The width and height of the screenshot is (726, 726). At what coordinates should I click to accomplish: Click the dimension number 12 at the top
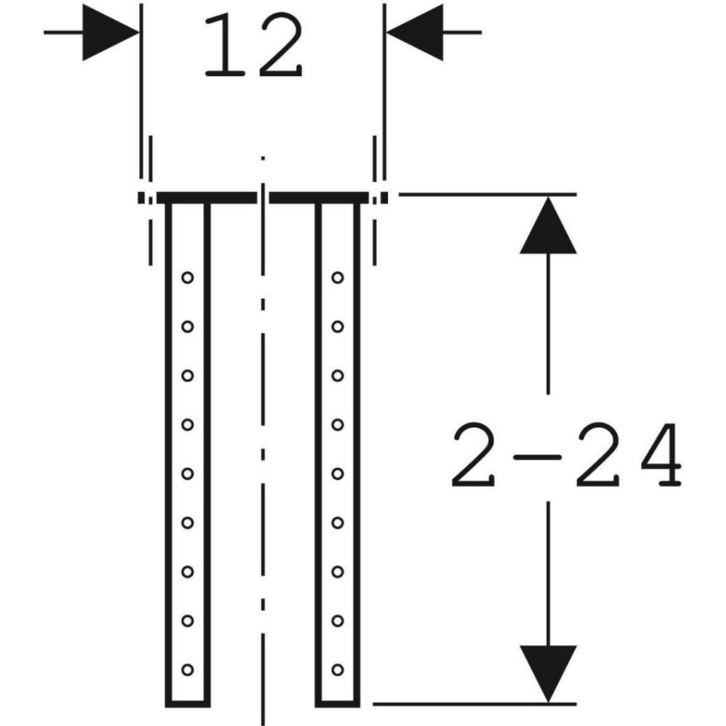coord(253,45)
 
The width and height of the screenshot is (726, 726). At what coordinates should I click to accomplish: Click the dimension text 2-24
coord(566,454)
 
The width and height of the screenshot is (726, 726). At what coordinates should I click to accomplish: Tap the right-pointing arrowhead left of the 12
coord(111,33)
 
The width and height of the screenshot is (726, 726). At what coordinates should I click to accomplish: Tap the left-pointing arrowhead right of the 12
coord(414,33)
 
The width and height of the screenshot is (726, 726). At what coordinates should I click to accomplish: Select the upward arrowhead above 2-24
coord(548,225)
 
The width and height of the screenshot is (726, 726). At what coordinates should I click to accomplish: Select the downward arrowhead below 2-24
coord(548,674)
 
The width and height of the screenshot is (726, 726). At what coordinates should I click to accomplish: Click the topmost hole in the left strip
coord(187,278)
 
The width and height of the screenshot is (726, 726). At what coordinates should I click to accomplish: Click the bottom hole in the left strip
coord(187,669)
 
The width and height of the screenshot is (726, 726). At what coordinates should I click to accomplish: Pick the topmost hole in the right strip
coord(337,278)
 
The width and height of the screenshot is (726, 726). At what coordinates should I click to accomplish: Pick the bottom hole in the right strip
coord(337,669)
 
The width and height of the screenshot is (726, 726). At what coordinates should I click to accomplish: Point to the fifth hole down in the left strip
coord(187,474)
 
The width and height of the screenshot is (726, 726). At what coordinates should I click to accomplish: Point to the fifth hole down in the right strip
coord(337,474)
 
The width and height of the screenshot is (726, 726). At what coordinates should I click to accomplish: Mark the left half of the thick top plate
coord(206,198)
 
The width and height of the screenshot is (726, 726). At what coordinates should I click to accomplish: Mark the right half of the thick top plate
coord(319,198)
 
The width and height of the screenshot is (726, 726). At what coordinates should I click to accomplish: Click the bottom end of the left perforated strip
coord(187,704)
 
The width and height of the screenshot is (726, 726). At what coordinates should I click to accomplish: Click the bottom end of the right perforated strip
coord(337,704)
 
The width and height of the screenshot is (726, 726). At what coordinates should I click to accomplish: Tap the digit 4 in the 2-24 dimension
coord(661,454)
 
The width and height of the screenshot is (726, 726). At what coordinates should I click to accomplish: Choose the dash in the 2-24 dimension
coord(537,457)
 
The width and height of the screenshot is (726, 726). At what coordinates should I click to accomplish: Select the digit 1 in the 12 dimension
coord(225,45)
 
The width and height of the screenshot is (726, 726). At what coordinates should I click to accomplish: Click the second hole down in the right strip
coord(337,327)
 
